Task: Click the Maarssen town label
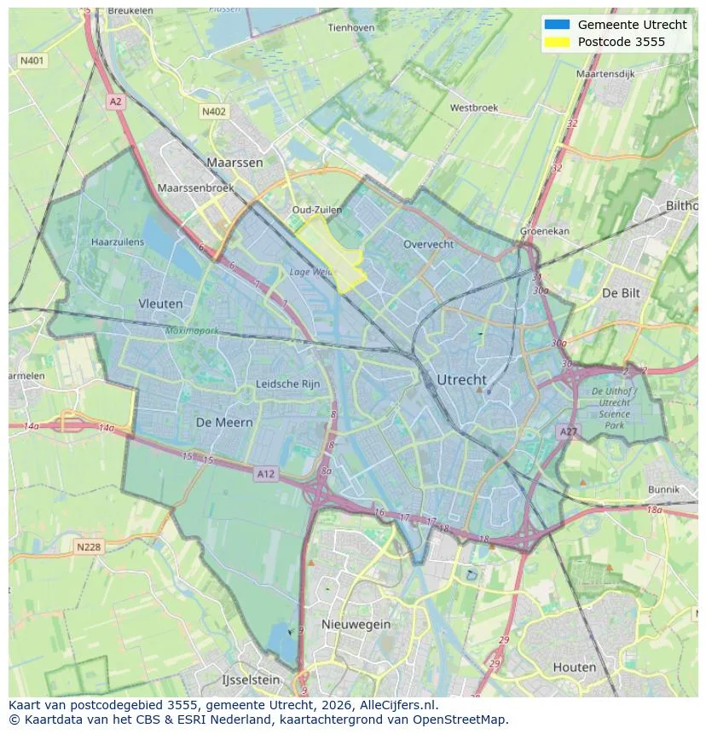(x=234, y=162)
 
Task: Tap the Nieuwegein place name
(x=356, y=624)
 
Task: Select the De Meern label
(x=224, y=422)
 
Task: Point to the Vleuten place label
(x=160, y=303)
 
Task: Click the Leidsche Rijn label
(x=287, y=384)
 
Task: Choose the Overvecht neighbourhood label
(x=429, y=244)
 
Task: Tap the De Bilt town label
(x=621, y=292)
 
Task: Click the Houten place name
(x=575, y=667)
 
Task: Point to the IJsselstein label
(x=251, y=680)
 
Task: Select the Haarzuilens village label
(x=118, y=242)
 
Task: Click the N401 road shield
(x=32, y=61)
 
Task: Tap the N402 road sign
(x=214, y=112)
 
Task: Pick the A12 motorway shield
(x=266, y=474)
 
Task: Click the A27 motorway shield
(x=568, y=432)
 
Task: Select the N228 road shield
(x=89, y=547)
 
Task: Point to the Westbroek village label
(x=473, y=108)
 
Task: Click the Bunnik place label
(x=663, y=489)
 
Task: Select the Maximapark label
(x=192, y=330)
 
